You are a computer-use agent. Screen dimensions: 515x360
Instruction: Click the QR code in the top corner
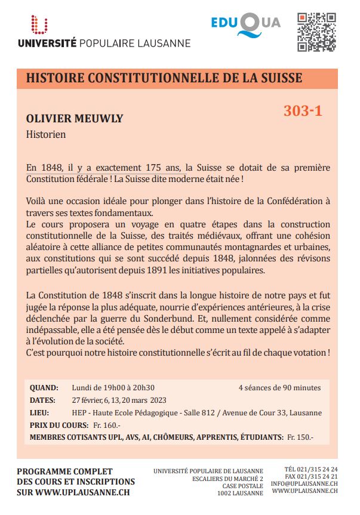316,31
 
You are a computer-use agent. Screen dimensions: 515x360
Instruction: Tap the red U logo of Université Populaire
40,25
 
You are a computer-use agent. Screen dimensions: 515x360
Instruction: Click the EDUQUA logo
245,24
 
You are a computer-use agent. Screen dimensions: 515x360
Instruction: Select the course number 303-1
303,110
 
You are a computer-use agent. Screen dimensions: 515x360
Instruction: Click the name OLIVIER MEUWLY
75,118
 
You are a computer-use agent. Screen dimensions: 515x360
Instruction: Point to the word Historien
46,134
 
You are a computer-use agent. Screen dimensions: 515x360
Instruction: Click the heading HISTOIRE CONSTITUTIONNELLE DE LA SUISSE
164,78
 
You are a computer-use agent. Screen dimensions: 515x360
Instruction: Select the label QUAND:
44,387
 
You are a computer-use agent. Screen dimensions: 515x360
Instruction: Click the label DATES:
42,400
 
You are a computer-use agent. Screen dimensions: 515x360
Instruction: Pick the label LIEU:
39,412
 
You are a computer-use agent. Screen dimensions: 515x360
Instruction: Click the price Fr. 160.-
107,425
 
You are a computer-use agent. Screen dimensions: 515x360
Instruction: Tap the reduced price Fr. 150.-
300,437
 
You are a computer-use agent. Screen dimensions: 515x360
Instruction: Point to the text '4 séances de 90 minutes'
279,387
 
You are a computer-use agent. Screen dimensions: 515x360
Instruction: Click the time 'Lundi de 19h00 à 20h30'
113,387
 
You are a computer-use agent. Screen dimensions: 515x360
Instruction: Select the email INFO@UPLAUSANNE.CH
304,483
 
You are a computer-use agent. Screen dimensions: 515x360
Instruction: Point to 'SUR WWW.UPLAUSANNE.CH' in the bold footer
73,493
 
